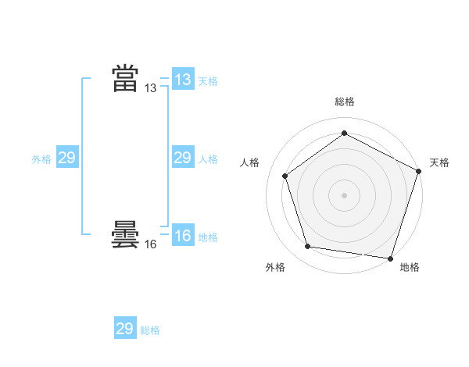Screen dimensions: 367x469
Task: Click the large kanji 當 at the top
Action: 125,79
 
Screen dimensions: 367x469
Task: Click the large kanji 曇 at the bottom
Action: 125,234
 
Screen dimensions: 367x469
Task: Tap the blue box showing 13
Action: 182,79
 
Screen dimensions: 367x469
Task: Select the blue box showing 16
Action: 182,236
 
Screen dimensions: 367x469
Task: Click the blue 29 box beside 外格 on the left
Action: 67,158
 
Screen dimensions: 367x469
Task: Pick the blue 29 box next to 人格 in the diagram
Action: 182,158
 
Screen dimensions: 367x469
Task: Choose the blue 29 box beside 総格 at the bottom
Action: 125,328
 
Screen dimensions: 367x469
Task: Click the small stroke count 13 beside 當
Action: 151,88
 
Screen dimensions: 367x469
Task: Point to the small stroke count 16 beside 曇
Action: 151,244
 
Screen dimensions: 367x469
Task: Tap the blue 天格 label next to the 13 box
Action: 208,80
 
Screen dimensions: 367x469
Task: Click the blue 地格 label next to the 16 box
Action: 208,237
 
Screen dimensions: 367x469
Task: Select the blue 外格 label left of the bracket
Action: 41,159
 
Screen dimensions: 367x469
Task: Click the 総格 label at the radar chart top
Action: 344,102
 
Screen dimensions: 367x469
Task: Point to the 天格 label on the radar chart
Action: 440,162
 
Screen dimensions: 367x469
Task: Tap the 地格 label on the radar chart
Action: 410,267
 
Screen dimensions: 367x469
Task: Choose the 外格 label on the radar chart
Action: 275,267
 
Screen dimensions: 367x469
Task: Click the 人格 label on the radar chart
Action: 249,162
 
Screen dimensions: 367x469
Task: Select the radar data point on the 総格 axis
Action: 344,134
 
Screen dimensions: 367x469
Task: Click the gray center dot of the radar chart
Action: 344,194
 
